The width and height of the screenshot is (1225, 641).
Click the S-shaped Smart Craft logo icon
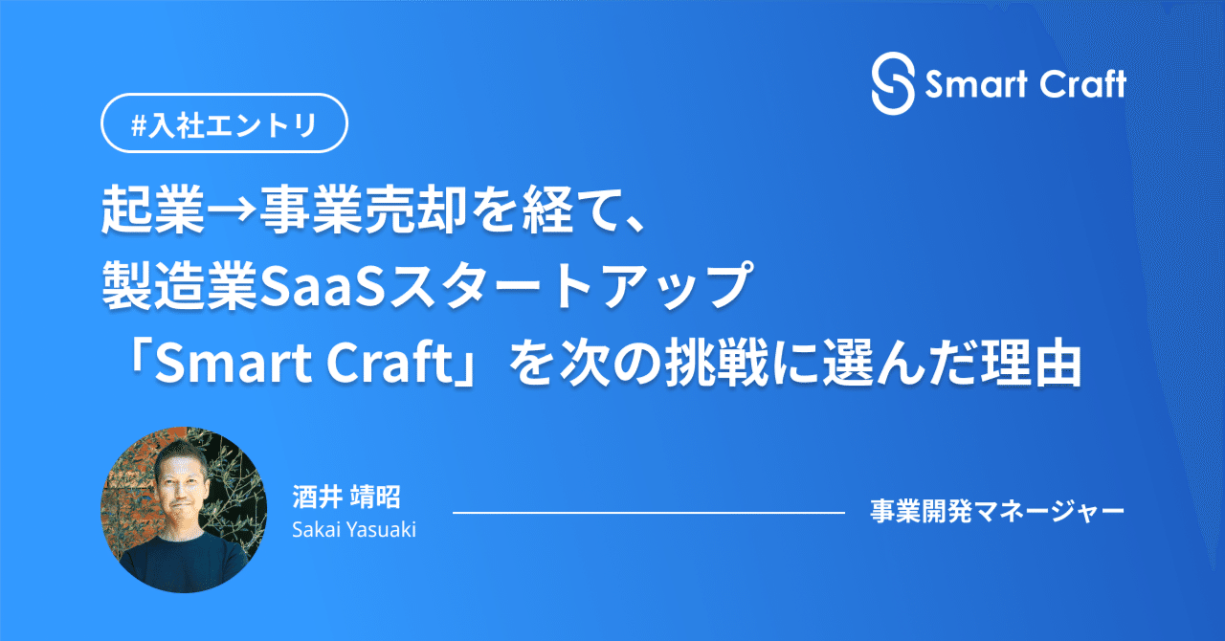click(x=893, y=83)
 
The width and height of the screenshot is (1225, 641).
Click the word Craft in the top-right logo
click(x=1082, y=84)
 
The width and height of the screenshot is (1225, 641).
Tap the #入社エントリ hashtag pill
click(x=224, y=123)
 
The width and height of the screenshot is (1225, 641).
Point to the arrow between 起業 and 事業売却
click(x=232, y=210)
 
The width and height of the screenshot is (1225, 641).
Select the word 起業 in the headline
click(x=153, y=210)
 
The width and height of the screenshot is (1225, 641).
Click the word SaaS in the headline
click(x=321, y=287)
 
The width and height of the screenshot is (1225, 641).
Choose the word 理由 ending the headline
click(x=1031, y=364)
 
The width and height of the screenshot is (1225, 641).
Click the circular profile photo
click(x=184, y=510)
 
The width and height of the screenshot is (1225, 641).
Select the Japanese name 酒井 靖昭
click(x=346, y=497)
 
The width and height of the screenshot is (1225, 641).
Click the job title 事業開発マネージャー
click(x=997, y=512)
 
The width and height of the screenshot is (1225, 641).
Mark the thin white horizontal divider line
click(x=649, y=513)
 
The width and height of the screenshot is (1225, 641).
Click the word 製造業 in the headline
click(x=179, y=286)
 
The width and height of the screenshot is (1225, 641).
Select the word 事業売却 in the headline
click(x=363, y=210)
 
